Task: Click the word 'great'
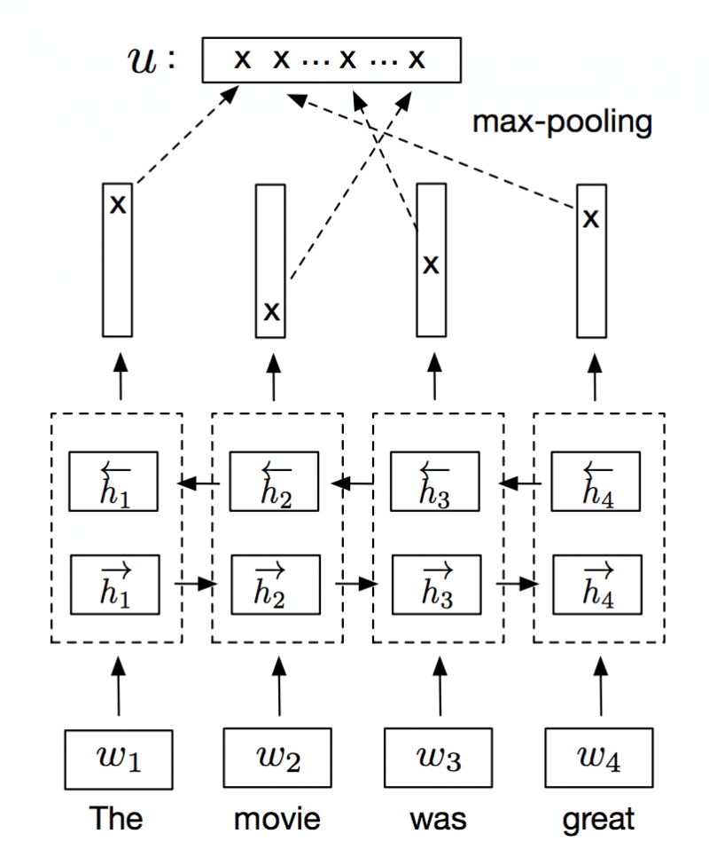pyautogui.click(x=598, y=818)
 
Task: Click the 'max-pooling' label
pyautogui.click(x=562, y=122)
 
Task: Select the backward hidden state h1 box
pyautogui.click(x=115, y=482)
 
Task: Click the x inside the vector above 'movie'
pyautogui.click(x=272, y=311)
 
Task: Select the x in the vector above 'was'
pyautogui.click(x=430, y=264)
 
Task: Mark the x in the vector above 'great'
pyautogui.click(x=590, y=217)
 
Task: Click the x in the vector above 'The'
pyautogui.click(x=117, y=205)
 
